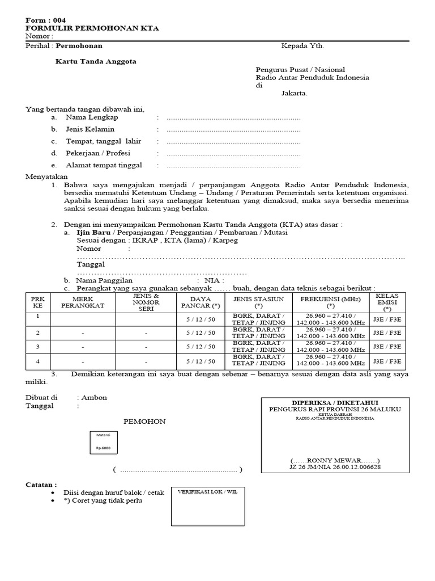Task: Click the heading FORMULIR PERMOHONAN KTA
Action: [92, 28]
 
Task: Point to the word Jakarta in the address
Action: [295, 94]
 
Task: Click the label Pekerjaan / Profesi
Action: [96, 153]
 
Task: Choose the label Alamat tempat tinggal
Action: [104, 165]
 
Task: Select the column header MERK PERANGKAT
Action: [83, 302]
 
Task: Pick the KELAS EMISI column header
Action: [387, 302]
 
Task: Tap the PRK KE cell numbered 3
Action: [38, 347]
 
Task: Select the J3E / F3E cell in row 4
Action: [387, 361]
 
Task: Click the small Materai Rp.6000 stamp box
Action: [103, 442]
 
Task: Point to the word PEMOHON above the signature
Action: [144, 422]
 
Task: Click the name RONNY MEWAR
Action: [335, 460]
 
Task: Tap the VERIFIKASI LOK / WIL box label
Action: [208, 492]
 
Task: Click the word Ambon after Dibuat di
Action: [94, 398]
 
